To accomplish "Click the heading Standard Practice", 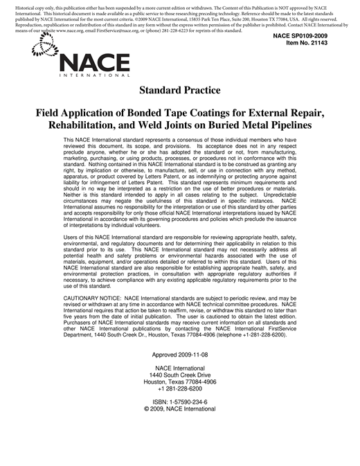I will pos(179,90).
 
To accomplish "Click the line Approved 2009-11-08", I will pos(179,355).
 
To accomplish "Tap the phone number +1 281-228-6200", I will pos(179,388).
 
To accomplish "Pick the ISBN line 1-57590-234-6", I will pos(179,402).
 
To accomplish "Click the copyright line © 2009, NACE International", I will pos(179,409).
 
